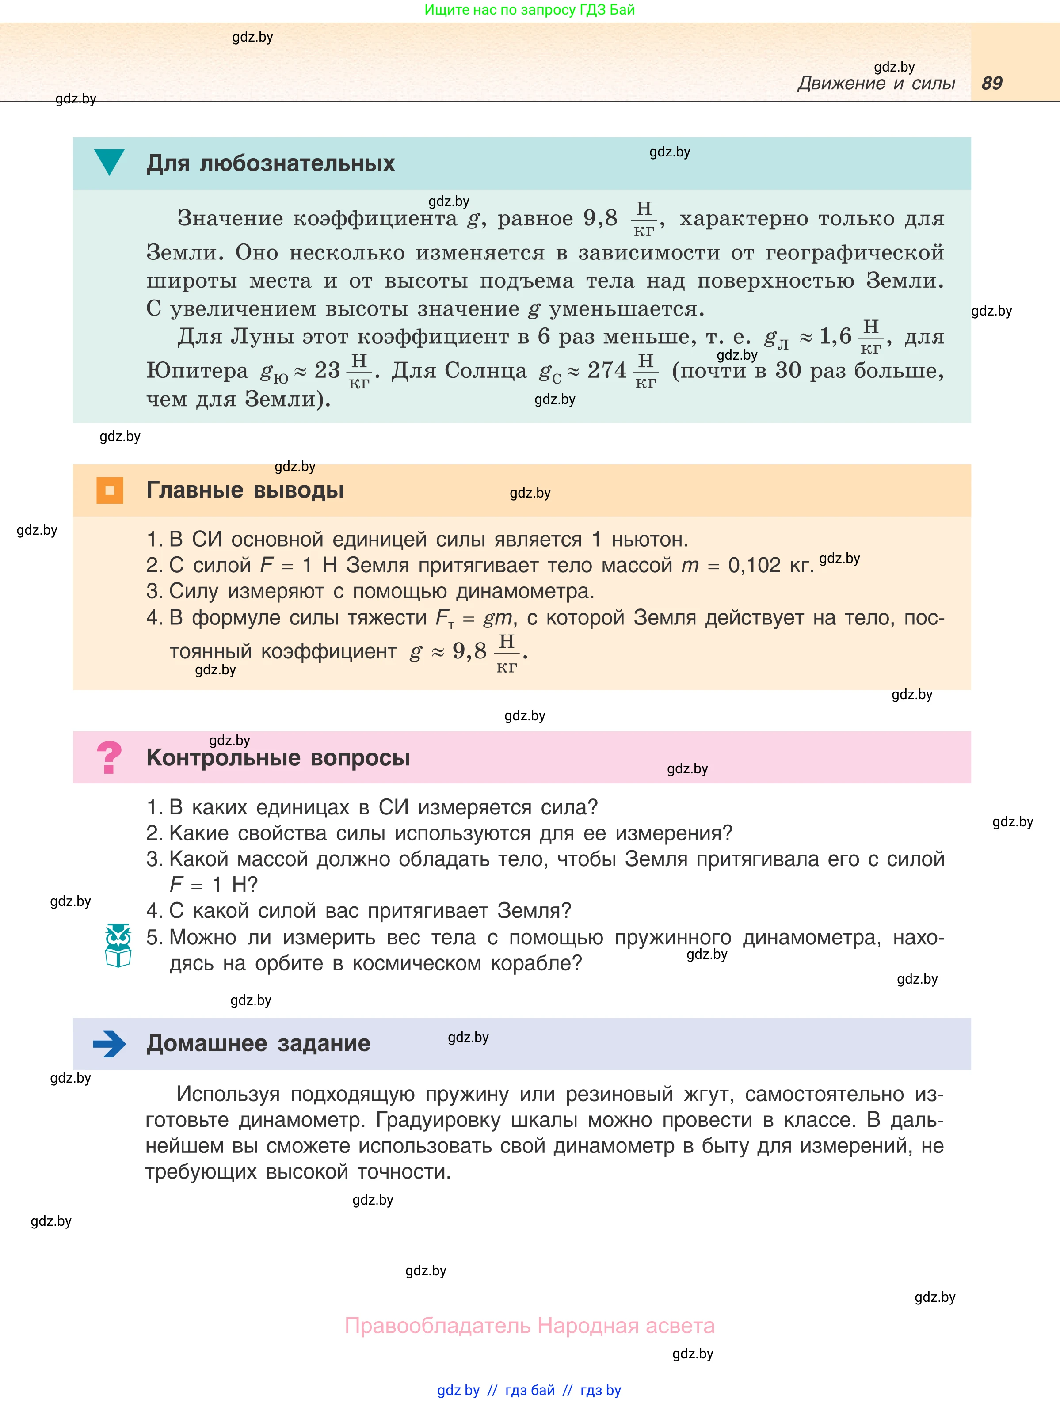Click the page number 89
pos(991,83)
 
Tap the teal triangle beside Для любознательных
pos(109,162)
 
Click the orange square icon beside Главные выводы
pos(110,490)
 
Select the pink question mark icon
pos(109,757)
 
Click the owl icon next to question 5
pos(118,945)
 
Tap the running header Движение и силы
pos(876,83)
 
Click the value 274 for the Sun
pos(606,370)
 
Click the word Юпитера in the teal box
pos(197,370)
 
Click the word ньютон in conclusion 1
pos(649,540)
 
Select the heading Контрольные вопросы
pos(278,757)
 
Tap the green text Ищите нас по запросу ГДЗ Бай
pos(529,10)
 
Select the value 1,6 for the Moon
pos(835,337)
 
